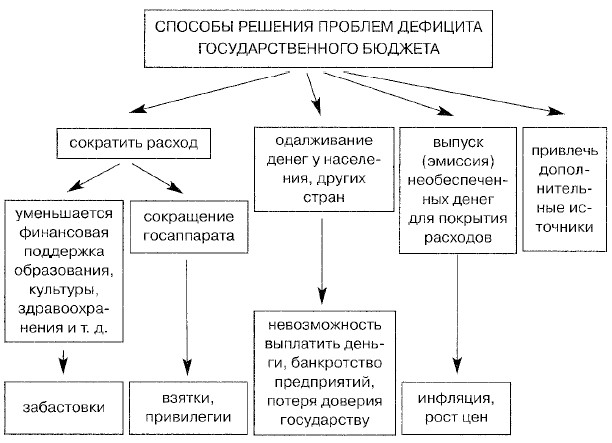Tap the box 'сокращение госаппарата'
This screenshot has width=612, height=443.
click(184, 228)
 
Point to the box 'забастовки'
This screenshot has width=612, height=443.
click(62, 410)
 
